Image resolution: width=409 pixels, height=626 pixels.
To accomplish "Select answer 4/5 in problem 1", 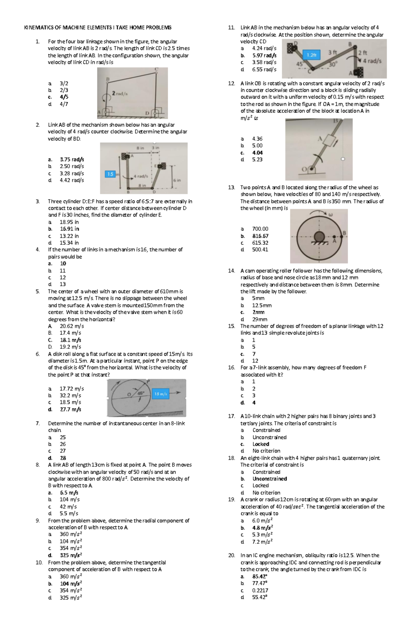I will click(x=64, y=97).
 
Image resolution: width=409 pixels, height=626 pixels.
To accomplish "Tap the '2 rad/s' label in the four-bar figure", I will click(x=120, y=93).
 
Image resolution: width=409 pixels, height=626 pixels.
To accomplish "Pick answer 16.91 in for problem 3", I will click(x=69, y=229).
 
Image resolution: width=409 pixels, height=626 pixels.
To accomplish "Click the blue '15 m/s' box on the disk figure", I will click(x=161, y=394).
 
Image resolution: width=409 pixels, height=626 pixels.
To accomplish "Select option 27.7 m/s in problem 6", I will click(x=70, y=409).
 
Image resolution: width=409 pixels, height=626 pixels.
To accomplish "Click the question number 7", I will click(x=37, y=423).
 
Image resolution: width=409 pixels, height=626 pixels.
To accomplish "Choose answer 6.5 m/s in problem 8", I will click(x=69, y=493).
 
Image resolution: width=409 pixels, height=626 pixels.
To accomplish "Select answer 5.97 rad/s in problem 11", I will click(x=264, y=55).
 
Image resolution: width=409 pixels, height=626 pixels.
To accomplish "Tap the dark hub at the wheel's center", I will click(x=319, y=236).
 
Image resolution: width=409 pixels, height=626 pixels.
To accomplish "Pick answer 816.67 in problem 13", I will click(x=260, y=236).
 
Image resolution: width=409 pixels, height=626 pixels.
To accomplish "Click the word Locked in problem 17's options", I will click(x=261, y=444).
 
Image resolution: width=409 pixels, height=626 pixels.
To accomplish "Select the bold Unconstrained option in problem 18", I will click(x=270, y=479).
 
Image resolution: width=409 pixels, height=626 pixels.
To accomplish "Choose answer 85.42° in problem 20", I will click(x=260, y=577).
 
